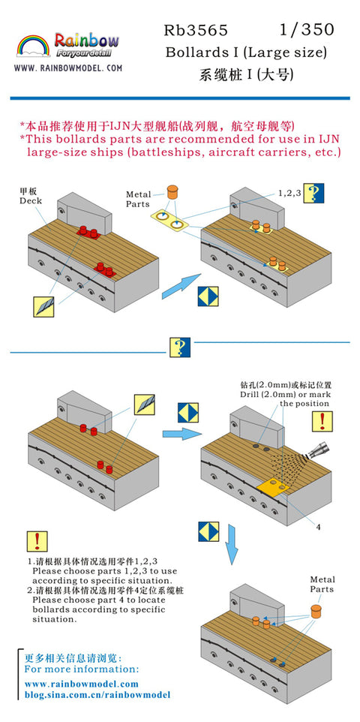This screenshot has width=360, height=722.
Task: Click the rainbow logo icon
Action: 33,46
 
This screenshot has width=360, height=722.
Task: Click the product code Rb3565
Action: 196,30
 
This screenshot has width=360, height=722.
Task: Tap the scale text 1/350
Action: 307,30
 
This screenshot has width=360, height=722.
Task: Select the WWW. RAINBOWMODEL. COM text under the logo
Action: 67,68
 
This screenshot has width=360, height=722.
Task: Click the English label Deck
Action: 31,200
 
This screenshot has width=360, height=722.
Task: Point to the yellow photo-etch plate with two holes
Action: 169,221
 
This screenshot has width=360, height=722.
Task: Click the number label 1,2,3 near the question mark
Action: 289,193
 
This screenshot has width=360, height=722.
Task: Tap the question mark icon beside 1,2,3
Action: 315,193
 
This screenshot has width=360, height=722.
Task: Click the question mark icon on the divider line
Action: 179,347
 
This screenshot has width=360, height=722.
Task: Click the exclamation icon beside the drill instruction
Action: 322,421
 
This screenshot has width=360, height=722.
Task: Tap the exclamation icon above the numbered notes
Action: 37,542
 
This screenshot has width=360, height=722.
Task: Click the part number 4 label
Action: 318,527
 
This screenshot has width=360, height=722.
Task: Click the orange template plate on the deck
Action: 273,486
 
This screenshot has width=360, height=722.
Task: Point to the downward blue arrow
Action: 232,544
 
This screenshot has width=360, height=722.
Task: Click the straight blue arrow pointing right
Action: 181,433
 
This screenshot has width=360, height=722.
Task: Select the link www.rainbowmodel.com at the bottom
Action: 81,684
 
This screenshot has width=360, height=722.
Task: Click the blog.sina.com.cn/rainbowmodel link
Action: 97,695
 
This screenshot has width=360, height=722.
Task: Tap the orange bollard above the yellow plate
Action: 172,191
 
